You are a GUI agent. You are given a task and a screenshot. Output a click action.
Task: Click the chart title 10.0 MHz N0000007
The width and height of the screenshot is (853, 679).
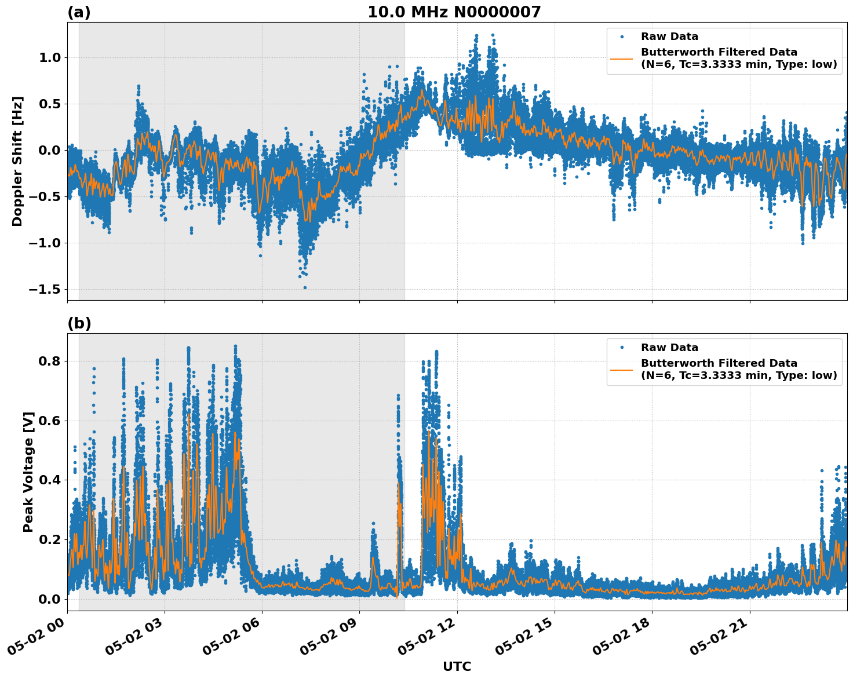454,12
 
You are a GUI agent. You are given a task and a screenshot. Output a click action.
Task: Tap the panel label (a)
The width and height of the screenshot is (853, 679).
79,12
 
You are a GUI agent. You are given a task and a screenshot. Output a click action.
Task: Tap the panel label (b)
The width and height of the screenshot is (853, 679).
79,323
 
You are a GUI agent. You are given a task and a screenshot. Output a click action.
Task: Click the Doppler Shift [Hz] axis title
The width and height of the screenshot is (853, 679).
17,161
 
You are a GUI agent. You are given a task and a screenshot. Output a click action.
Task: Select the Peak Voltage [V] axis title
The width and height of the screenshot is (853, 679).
28,472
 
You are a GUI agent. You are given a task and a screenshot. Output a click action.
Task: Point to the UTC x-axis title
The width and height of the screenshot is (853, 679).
457,666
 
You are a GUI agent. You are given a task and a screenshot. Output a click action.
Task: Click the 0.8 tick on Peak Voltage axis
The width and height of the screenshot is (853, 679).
49,361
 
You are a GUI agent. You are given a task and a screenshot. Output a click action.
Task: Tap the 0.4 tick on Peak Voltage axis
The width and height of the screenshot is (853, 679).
49,480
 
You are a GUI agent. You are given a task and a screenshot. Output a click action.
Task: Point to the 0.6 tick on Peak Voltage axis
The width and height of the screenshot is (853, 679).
49,421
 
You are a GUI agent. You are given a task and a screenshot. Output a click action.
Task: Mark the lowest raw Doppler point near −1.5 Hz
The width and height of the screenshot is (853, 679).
305,287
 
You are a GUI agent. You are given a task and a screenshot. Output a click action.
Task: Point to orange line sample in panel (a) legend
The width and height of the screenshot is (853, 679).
621,58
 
